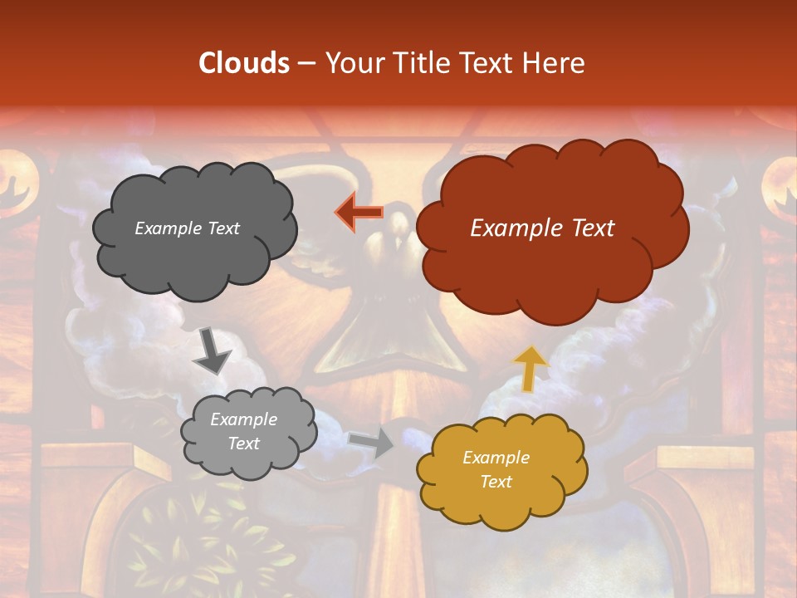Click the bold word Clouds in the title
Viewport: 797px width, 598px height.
(x=243, y=62)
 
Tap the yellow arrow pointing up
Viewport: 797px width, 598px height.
(x=531, y=368)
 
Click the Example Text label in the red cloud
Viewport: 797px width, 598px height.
(x=542, y=228)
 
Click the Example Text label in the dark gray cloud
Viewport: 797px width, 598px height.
(x=187, y=228)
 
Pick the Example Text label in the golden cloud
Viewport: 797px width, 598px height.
(x=496, y=469)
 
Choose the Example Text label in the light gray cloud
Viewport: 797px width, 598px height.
(x=243, y=431)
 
